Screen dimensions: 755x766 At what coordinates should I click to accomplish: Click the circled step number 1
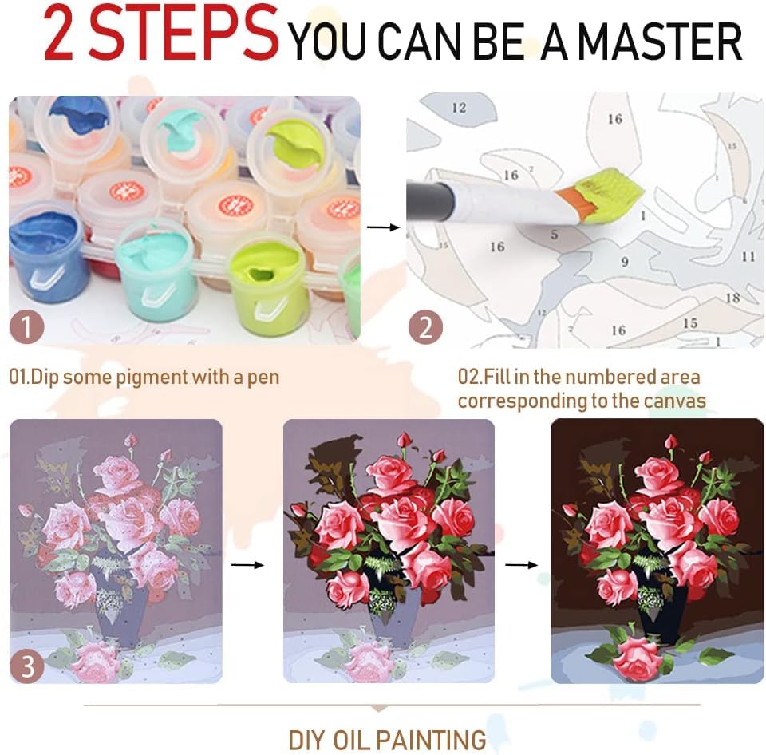pos(28,328)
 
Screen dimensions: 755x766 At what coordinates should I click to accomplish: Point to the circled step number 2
pos(425,328)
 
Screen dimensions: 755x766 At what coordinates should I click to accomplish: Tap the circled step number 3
pos(28,666)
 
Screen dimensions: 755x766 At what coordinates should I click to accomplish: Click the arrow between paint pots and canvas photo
pos(382,227)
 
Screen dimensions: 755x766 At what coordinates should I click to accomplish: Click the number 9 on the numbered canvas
pos(625,261)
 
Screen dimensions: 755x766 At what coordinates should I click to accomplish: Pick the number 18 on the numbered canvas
pos(732,298)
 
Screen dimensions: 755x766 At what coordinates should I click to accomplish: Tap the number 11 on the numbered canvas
pos(748,256)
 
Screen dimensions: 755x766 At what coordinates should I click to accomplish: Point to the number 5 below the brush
pos(554,235)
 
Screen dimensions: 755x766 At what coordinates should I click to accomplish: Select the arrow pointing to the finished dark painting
pos(522,564)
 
